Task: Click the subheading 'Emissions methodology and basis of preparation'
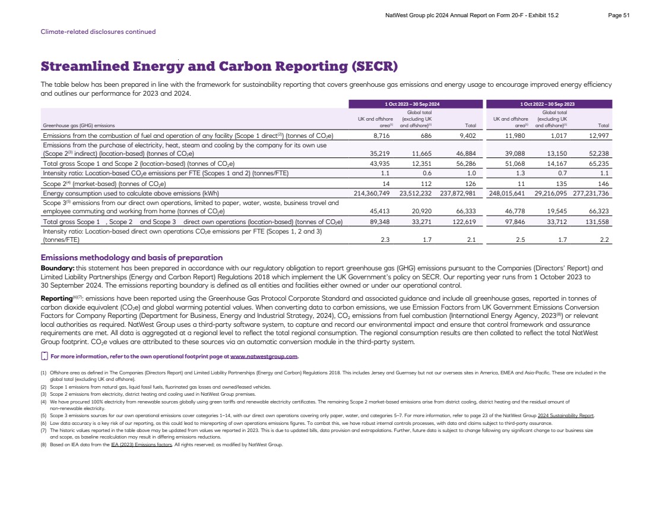click(131, 258)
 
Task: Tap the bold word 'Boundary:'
click(57, 268)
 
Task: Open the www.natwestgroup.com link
click(264, 357)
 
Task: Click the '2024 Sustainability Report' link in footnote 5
click(566, 415)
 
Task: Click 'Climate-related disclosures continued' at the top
click(98, 31)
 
